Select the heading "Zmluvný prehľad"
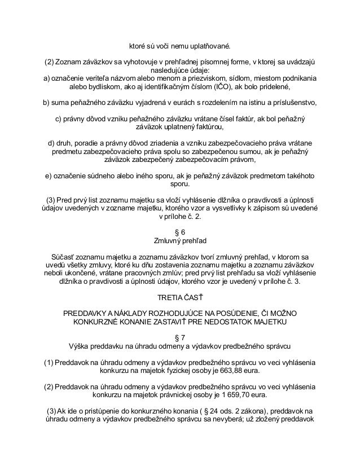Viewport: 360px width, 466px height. point(181,240)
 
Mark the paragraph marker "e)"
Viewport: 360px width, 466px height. point(49,177)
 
